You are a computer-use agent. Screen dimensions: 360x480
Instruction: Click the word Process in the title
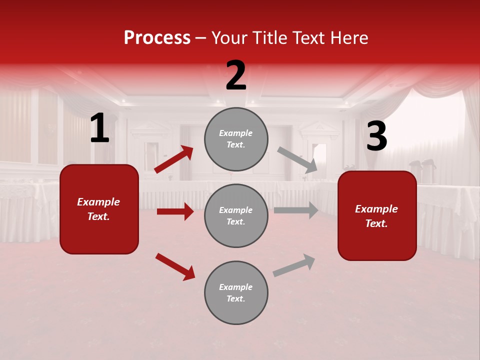[157, 38]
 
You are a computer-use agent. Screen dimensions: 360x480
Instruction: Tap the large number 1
[99, 129]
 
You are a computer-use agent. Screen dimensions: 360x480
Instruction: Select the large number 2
[236, 76]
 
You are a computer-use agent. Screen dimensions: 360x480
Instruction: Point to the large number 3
[376, 136]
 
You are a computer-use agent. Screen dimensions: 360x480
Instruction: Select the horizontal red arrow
[175, 211]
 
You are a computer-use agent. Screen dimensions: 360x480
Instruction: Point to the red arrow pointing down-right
[175, 266]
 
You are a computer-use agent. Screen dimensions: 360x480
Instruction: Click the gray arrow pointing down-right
[297, 160]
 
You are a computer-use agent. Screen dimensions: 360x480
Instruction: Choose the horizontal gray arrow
[296, 210]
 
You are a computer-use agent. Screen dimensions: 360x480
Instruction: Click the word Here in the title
[348, 38]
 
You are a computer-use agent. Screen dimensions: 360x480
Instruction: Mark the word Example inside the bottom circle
[236, 287]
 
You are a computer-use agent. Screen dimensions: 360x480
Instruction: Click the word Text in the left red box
[98, 217]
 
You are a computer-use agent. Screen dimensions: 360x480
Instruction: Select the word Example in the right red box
[376, 209]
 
